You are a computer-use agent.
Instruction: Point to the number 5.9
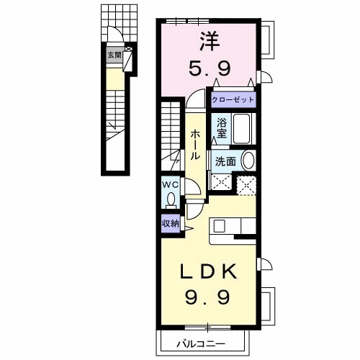click(208, 70)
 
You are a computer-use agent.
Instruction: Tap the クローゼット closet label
click(233, 99)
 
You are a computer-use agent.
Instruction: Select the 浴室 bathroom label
click(221, 127)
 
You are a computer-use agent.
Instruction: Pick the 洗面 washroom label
click(225, 161)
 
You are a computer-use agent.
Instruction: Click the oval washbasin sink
click(248, 161)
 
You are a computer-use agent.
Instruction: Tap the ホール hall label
click(195, 145)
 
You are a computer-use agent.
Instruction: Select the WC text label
click(170, 184)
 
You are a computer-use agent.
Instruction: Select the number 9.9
click(207, 295)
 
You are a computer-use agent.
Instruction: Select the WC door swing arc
click(193, 189)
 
